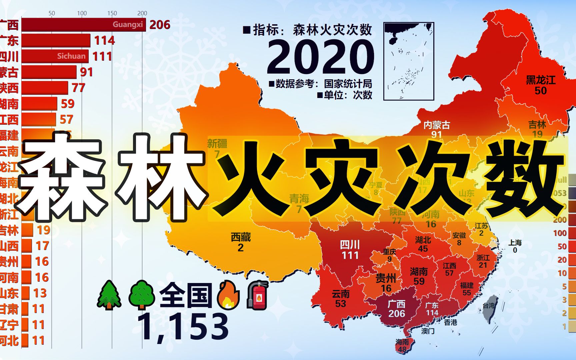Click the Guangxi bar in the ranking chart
click(83, 25)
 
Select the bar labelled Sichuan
click(55, 56)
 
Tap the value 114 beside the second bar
click(104, 41)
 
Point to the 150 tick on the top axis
click(112, 13)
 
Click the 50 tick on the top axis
click(52, 13)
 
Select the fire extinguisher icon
click(257, 295)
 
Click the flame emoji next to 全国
click(228, 295)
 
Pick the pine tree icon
click(109, 295)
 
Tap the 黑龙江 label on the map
click(541, 80)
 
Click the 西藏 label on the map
click(241, 237)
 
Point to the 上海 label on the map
click(515, 243)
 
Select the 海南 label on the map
click(402, 342)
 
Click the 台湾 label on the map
click(489, 305)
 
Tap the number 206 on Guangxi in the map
click(396, 314)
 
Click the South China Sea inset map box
click(409, 61)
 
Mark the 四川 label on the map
click(350, 245)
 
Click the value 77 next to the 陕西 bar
click(79, 88)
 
